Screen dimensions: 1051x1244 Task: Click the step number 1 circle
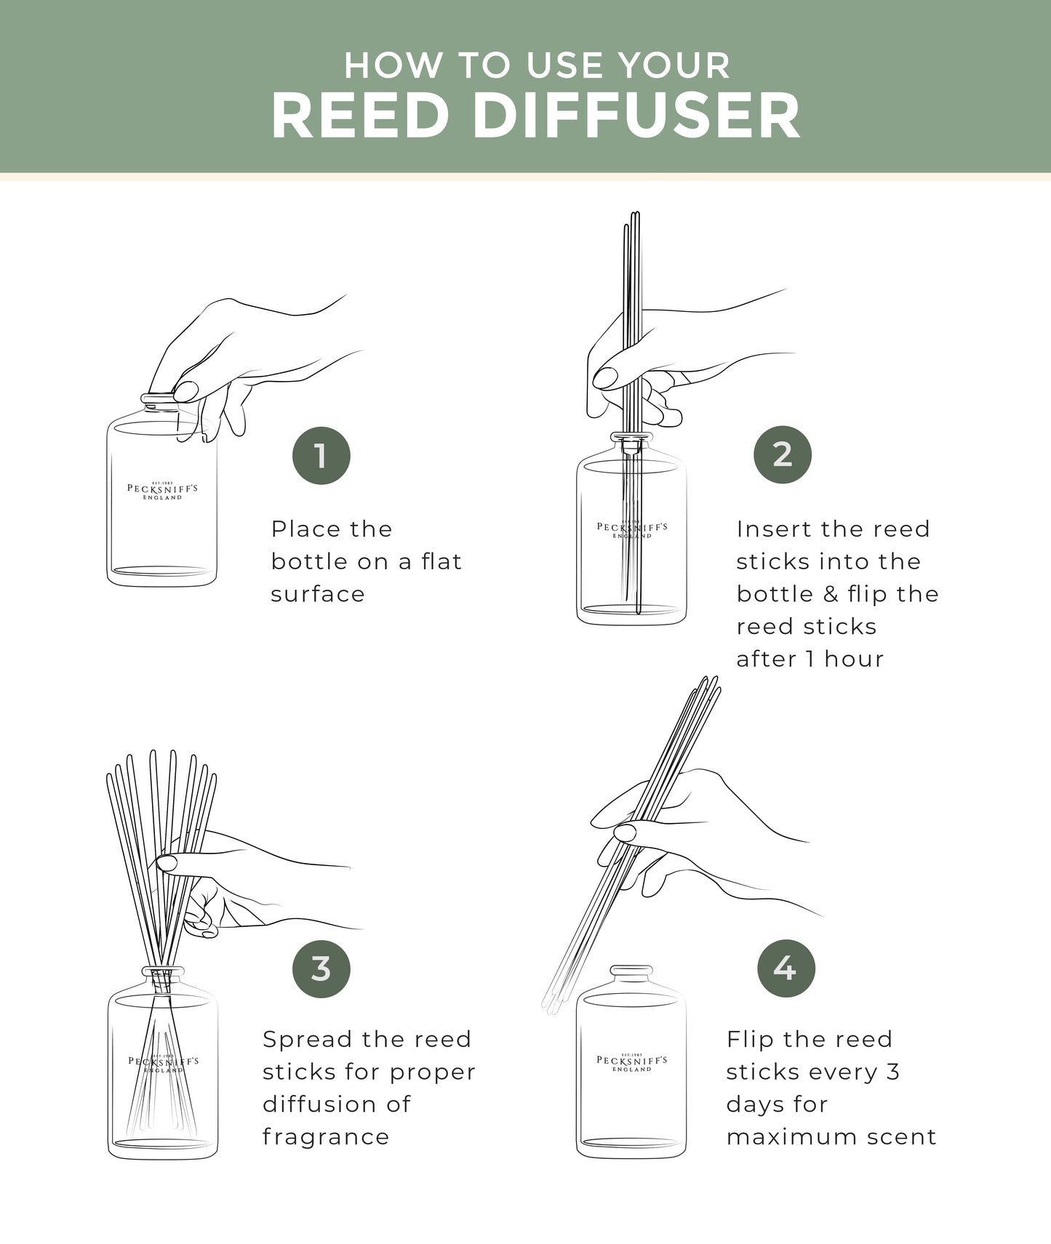pyautogui.click(x=321, y=456)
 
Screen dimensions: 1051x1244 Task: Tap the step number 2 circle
pyautogui.click(x=783, y=454)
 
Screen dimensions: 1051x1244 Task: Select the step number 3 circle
pyautogui.click(x=321, y=968)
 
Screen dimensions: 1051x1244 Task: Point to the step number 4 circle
pyautogui.click(x=786, y=968)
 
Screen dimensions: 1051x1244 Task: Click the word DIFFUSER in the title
pyautogui.click(x=637, y=116)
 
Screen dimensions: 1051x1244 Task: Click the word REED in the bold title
pyautogui.click(x=360, y=116)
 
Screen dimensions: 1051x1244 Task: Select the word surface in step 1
pyautogui.click(x=318, y=594)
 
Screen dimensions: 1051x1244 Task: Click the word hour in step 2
pyautogui.click(x=854, y=659)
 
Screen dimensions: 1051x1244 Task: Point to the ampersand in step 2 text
pyautogui.click(x=831, y=594)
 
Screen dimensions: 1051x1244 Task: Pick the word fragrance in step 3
pyautogui.click(x=326, y=1136)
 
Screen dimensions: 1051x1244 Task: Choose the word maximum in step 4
pyautogui.click(x=780, y=1136)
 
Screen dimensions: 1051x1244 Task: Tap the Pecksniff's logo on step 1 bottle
pyautogui.click(x=162, y=490)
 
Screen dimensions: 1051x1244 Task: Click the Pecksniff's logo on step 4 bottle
pyautogui.click(x=631, y=1062)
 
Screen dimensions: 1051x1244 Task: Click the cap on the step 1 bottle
pyautogui.click(x=159, y=399)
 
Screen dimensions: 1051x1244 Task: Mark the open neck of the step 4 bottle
pyautogui.click(x=631, y=971)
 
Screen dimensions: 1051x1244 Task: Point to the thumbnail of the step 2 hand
pyautogui.click(x=604, y=377)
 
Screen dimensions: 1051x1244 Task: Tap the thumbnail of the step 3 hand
pyautogui.click(x=166, y=862)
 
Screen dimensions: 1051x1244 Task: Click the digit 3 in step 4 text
pyautogui.click(x=893, y=1072)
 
